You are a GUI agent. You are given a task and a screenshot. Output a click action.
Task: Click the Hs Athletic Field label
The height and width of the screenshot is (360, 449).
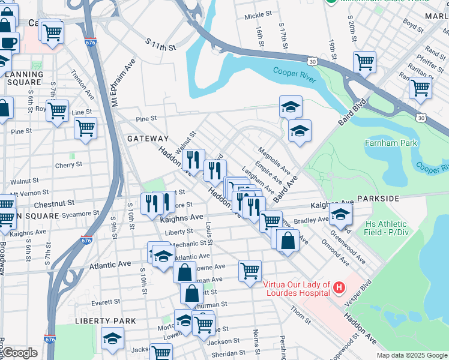(x=390, y=228)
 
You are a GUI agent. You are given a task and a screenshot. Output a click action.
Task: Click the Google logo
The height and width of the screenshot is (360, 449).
(x=19, y=353)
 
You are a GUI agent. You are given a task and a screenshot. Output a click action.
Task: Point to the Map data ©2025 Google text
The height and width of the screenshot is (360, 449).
(x=411, y=355)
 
